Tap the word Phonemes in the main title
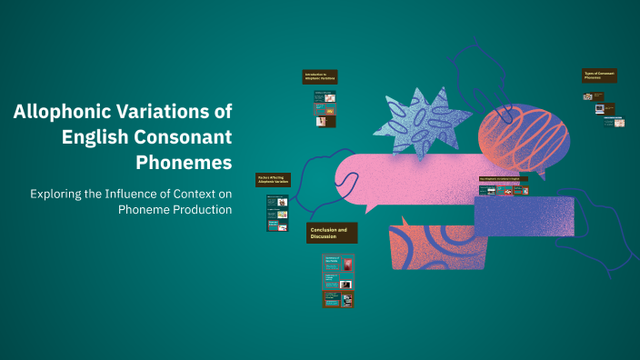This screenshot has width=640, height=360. [x=184, y=163]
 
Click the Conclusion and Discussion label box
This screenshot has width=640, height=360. [x=332, y=234]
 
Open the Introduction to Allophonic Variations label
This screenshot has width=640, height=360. [x=321, y=77]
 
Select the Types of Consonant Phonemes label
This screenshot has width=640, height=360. [x=599, y=76]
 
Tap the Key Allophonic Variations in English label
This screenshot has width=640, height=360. [x=503, y=179]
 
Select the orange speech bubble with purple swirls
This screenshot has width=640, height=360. [x=431, y=247]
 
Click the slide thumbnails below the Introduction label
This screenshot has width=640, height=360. [x=325, y=108]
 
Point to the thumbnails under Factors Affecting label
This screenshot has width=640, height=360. [x=276, y=213]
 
